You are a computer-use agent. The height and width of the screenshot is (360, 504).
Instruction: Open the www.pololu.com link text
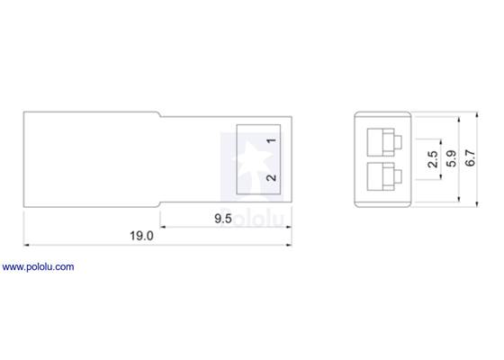coord(38,267)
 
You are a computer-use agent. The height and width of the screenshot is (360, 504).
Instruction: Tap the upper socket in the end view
coord(384,141)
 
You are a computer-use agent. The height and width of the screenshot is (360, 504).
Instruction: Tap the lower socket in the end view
coord(384,175)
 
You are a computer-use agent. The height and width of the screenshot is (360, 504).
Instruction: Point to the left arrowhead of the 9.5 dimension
coord(165,225)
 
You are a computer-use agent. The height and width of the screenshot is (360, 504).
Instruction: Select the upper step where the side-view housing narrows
coord(162,114)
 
